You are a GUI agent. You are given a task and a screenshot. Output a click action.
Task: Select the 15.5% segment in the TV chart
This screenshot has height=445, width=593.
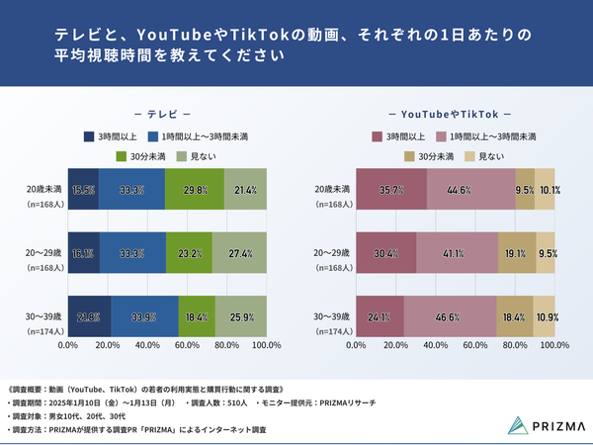pyautogui.click(x=83, y=190)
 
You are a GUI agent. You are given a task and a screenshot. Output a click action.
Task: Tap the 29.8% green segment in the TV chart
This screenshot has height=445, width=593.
pyautogui.click(x=194, y=190)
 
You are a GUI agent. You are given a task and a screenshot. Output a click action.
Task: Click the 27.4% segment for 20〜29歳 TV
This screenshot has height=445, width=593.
pyautogui.click(x=239, y=253)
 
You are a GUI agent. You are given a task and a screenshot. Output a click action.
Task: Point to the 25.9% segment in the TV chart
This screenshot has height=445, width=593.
pyautogui.click(x=241, y=316)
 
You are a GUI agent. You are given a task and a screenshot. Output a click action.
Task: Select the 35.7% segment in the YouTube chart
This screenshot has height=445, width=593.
pyautogui.click(x=391, y=190)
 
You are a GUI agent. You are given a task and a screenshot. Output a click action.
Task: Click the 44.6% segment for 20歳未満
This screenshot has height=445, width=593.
pyautogui.click(x=471, y=190)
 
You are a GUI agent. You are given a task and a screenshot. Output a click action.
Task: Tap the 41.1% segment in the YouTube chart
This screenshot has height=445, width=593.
pyautogui.click(x=457, y=253)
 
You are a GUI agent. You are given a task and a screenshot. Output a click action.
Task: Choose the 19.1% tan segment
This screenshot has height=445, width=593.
pyautogui.click(x=516, y=253)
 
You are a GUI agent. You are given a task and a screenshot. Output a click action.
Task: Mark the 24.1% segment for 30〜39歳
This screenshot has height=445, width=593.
pyautogui.click(x=380, y=316)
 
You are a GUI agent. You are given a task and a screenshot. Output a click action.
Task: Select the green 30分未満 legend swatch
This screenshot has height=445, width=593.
pyautogui.click(x=123, y=156)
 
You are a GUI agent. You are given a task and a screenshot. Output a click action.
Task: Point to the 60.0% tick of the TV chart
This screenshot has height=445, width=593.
pyautogui.click(x=187, y=346)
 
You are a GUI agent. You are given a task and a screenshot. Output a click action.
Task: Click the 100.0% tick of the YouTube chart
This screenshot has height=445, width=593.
pyautogui.click(x=554, y=346)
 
